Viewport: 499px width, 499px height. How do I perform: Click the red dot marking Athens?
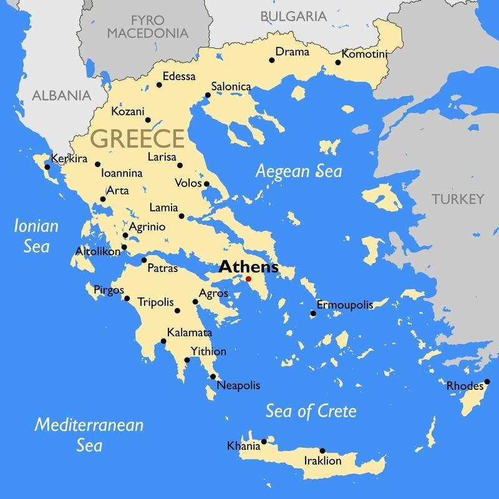248,279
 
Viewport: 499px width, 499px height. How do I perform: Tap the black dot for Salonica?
208,95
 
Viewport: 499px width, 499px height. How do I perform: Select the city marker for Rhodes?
487,382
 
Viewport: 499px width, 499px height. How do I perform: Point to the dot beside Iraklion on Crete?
322,450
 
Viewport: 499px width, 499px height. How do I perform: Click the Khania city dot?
264,442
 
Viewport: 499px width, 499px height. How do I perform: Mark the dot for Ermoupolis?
313,313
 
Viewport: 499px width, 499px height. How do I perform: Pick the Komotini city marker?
338,62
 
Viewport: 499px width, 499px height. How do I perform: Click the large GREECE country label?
138,138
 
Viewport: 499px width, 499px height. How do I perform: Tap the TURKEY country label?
457,200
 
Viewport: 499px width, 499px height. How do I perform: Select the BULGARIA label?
293,16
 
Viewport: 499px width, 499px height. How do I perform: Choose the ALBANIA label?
61,96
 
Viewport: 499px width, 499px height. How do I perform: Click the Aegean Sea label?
299,171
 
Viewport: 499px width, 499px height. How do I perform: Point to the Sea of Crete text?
311,411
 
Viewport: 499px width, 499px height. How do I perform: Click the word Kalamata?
190,333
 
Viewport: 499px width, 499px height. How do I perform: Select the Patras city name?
163,269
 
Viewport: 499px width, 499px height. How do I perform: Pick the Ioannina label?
122,173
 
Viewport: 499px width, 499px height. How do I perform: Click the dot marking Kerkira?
47,167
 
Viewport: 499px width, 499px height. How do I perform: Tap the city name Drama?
293,52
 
